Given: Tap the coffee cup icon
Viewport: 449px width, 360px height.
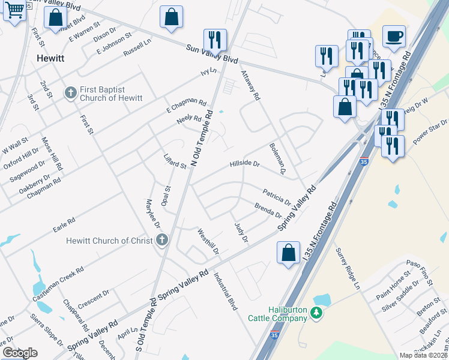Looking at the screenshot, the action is pos(394,37).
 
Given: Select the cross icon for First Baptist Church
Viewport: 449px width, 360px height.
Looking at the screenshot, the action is pos(70,93).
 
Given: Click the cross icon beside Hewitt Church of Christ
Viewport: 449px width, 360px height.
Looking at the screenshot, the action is pos(161,241).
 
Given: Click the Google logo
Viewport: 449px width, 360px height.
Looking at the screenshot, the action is pos(20,353).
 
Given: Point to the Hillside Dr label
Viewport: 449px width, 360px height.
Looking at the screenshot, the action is pos(244,163).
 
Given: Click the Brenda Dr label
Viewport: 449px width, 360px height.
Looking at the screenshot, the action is pos(268,211).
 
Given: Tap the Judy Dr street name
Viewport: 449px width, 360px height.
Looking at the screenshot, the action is pos(241,232).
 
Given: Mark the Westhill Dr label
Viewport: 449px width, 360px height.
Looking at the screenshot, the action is pos(208,241).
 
